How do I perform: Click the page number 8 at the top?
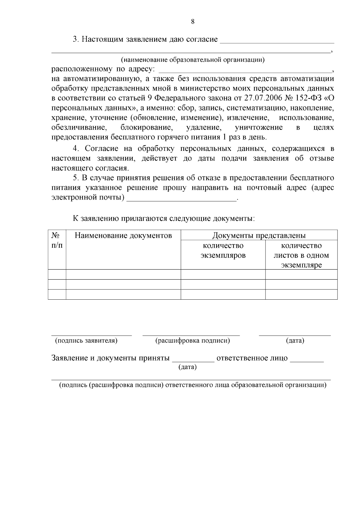(193, 21)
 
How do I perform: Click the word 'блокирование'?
(147, 127)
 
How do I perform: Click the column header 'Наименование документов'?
(123, 235)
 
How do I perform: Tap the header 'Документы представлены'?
(259, 235)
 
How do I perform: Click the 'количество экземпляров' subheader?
(223, 250)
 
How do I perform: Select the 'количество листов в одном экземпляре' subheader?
(301, 255)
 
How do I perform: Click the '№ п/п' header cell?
(57, 240)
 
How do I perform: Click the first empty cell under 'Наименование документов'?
(123, 274)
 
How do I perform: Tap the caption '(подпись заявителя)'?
(86, 340)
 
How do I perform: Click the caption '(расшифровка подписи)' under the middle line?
(192, 340)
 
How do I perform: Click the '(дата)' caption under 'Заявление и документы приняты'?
(187, 367)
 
